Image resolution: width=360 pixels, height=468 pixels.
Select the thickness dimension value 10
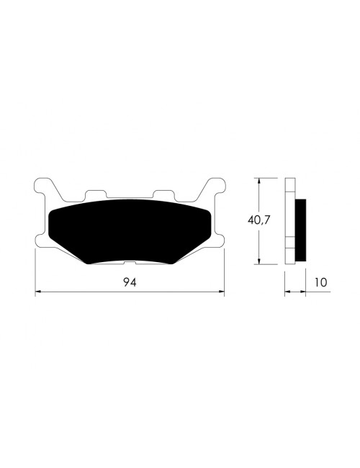click(321, 282)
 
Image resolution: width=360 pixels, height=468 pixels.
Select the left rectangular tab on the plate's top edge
click(94, 195)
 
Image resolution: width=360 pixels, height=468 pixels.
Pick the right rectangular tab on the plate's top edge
click(164, 195)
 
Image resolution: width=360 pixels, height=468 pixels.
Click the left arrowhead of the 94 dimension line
click(39, 292)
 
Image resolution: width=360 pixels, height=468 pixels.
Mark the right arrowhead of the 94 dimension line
click(220, 292)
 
